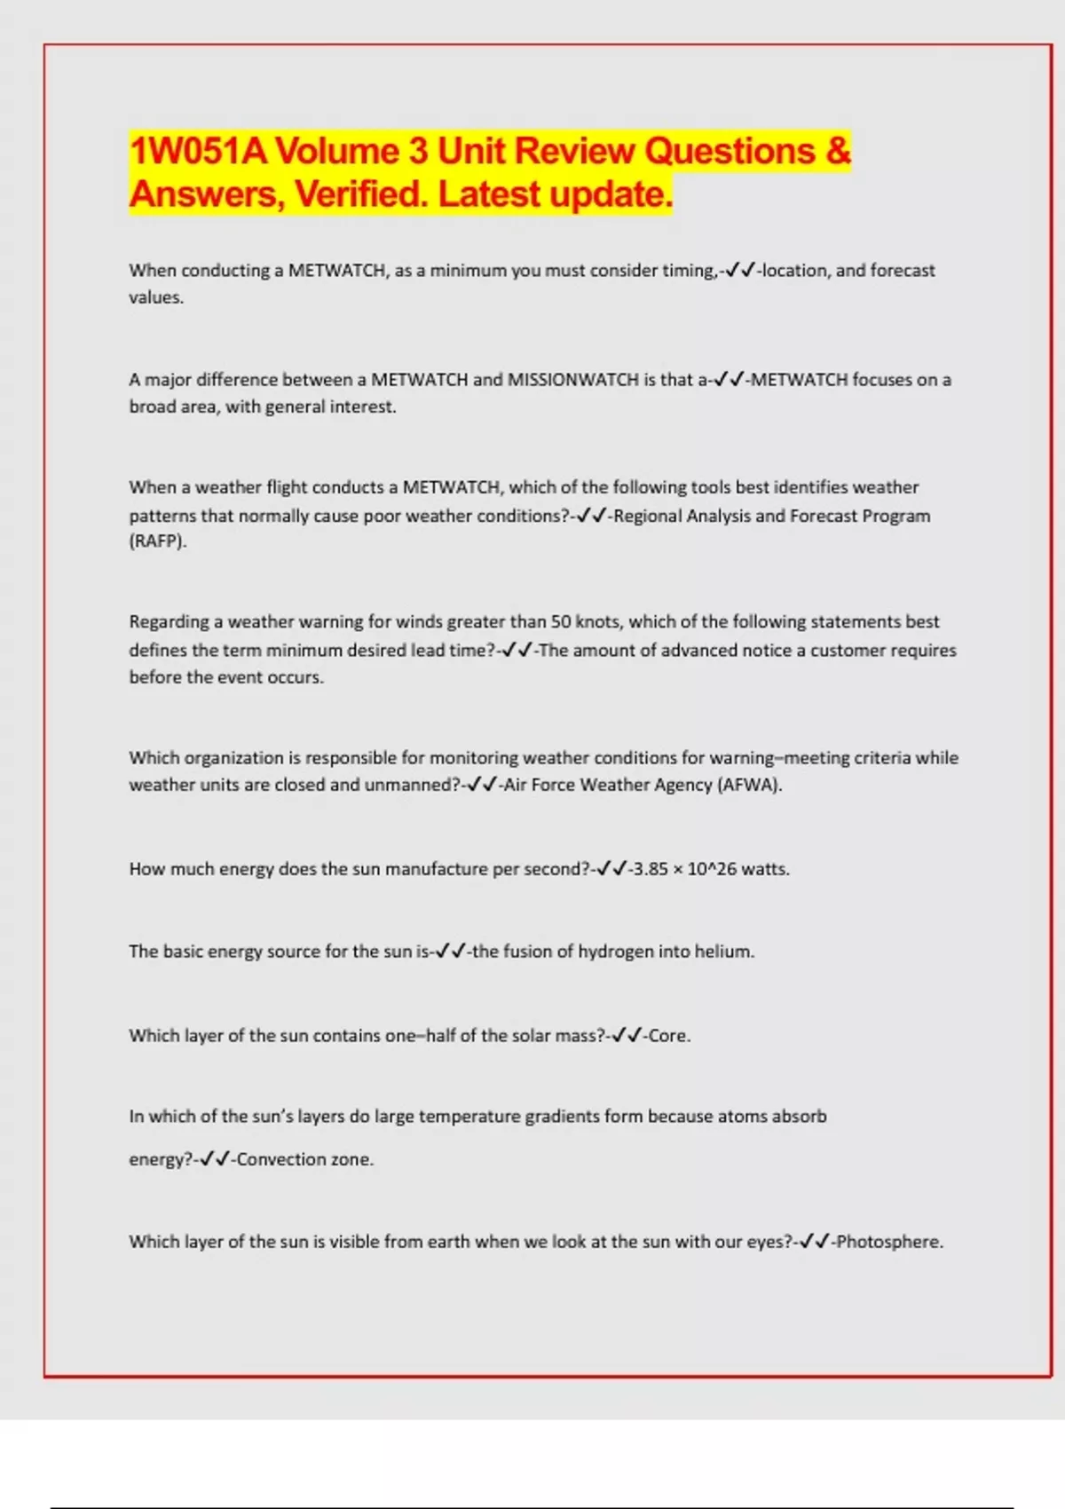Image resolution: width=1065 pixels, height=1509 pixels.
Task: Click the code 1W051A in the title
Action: click(x=198, y=151)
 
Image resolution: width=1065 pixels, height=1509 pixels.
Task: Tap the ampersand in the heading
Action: click(x=838, y=151)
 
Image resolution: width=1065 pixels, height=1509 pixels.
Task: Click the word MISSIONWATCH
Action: click(x=572, y=380)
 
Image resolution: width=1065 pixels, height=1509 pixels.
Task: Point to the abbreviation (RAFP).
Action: click(x=158, y=541)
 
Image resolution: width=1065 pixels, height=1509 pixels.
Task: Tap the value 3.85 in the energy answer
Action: click(x=651, y=869)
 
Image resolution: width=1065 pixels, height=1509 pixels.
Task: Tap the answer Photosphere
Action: click(x=889, y=1242)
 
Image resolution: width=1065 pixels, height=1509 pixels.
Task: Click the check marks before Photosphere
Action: click(x=815, y=1242)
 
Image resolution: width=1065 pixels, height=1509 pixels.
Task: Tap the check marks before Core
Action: click(x=627, y=1036)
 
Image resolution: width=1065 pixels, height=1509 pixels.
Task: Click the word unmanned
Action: click(x=409, y=785)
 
